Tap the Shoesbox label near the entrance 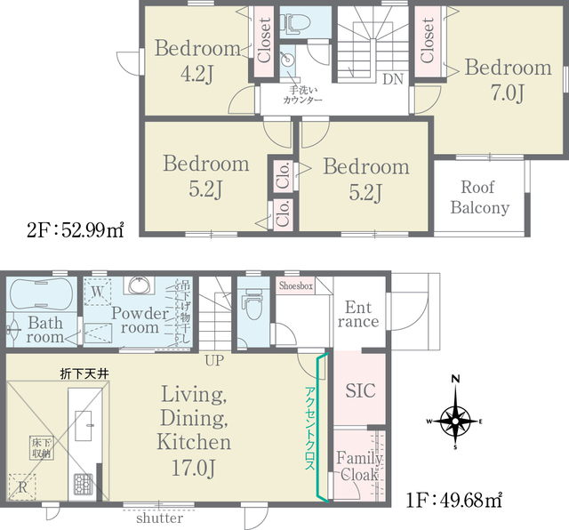(x=296, y=286)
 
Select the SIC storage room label (x=360, y=390)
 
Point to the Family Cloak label (x=359, y=466)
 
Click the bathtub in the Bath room (x=42, y=294)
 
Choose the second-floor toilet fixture (x=298, y=22)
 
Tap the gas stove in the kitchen (x=84, y=485)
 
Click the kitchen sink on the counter (x=83, y=425)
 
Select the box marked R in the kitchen (x=22, y=487)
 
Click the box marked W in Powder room (x=97, y=292)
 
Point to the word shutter (x=159, y=518)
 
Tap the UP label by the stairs (x=214, y=360)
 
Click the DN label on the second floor (x=393, y=79)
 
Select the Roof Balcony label (x=480, y=197)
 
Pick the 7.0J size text (x=508, y=93)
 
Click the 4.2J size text (x=197, y=74)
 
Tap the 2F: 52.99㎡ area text (x=76, y=229)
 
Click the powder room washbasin (x=140, y=285)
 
